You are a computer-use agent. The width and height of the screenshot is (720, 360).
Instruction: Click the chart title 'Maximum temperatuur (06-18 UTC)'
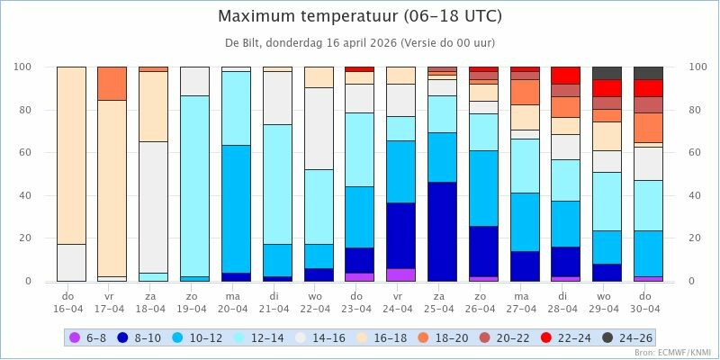coord(360,17)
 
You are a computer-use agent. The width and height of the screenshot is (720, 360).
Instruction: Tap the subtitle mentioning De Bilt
coord(360,42)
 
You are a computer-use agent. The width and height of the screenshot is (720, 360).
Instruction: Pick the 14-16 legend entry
coord(329,337)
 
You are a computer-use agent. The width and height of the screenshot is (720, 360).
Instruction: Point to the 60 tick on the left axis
coord(23,153)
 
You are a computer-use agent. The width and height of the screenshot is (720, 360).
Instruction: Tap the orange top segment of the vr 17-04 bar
coord(112,83)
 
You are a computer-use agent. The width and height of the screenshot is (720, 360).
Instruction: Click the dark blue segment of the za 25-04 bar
coord(442,231)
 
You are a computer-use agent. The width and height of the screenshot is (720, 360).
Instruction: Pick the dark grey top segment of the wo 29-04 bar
coord(607,73)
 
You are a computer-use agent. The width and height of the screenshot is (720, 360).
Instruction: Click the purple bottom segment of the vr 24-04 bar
coord(400,274)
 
